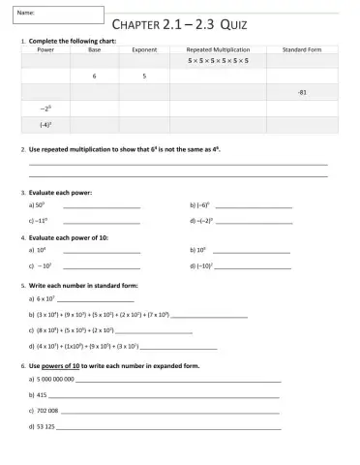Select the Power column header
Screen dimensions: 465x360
pyautogui.click(x=45, y=48)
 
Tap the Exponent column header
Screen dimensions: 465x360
pyautogui.click(x=144, y=48)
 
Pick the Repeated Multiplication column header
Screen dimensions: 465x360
pyautogui.click(x=218, y=48)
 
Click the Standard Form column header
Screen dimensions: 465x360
pyautogui.click(x=302, y=48)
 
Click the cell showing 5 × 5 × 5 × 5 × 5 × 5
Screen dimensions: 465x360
pyautogui.click(x=218, y=60)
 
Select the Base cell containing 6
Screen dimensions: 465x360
pyautogui.click(x=94, y=76)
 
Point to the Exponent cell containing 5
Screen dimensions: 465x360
pyautogui.click(x=144, y=76)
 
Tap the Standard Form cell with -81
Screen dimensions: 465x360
pyautogui.click(x=302, y=92)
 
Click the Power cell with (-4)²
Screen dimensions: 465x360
pyautogui.click(x=45, y=125)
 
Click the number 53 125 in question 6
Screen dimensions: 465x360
pyautogui.click(x=45, y=425)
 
